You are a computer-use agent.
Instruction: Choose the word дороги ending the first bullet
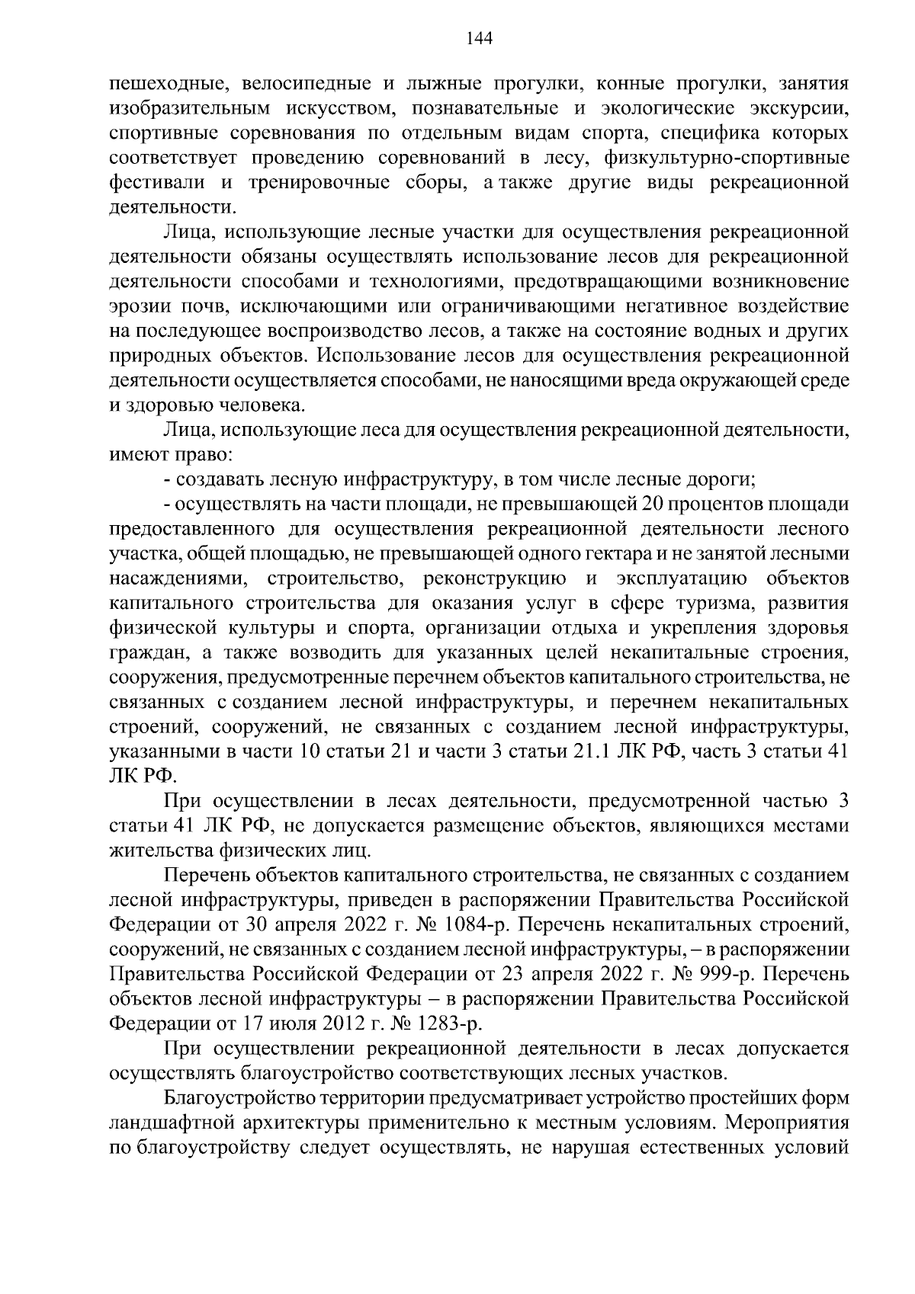tap(721, 480)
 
